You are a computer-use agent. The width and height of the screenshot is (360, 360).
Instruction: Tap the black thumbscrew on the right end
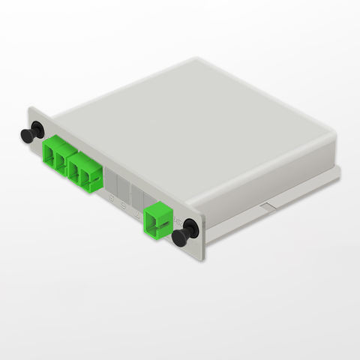tap(182, 235)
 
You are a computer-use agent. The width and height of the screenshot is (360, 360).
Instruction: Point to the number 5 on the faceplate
tap(112, 200)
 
